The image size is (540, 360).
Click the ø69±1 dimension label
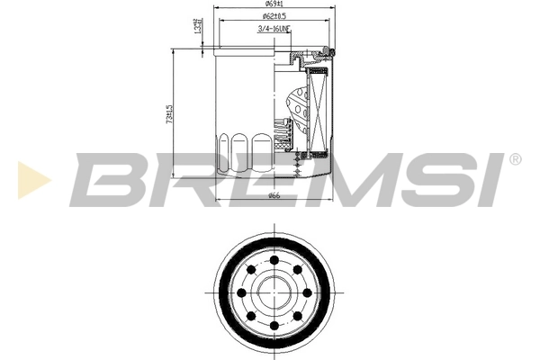point(274,6)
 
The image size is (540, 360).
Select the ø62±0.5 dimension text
point(274,17)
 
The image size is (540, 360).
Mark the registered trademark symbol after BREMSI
point(514,159)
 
